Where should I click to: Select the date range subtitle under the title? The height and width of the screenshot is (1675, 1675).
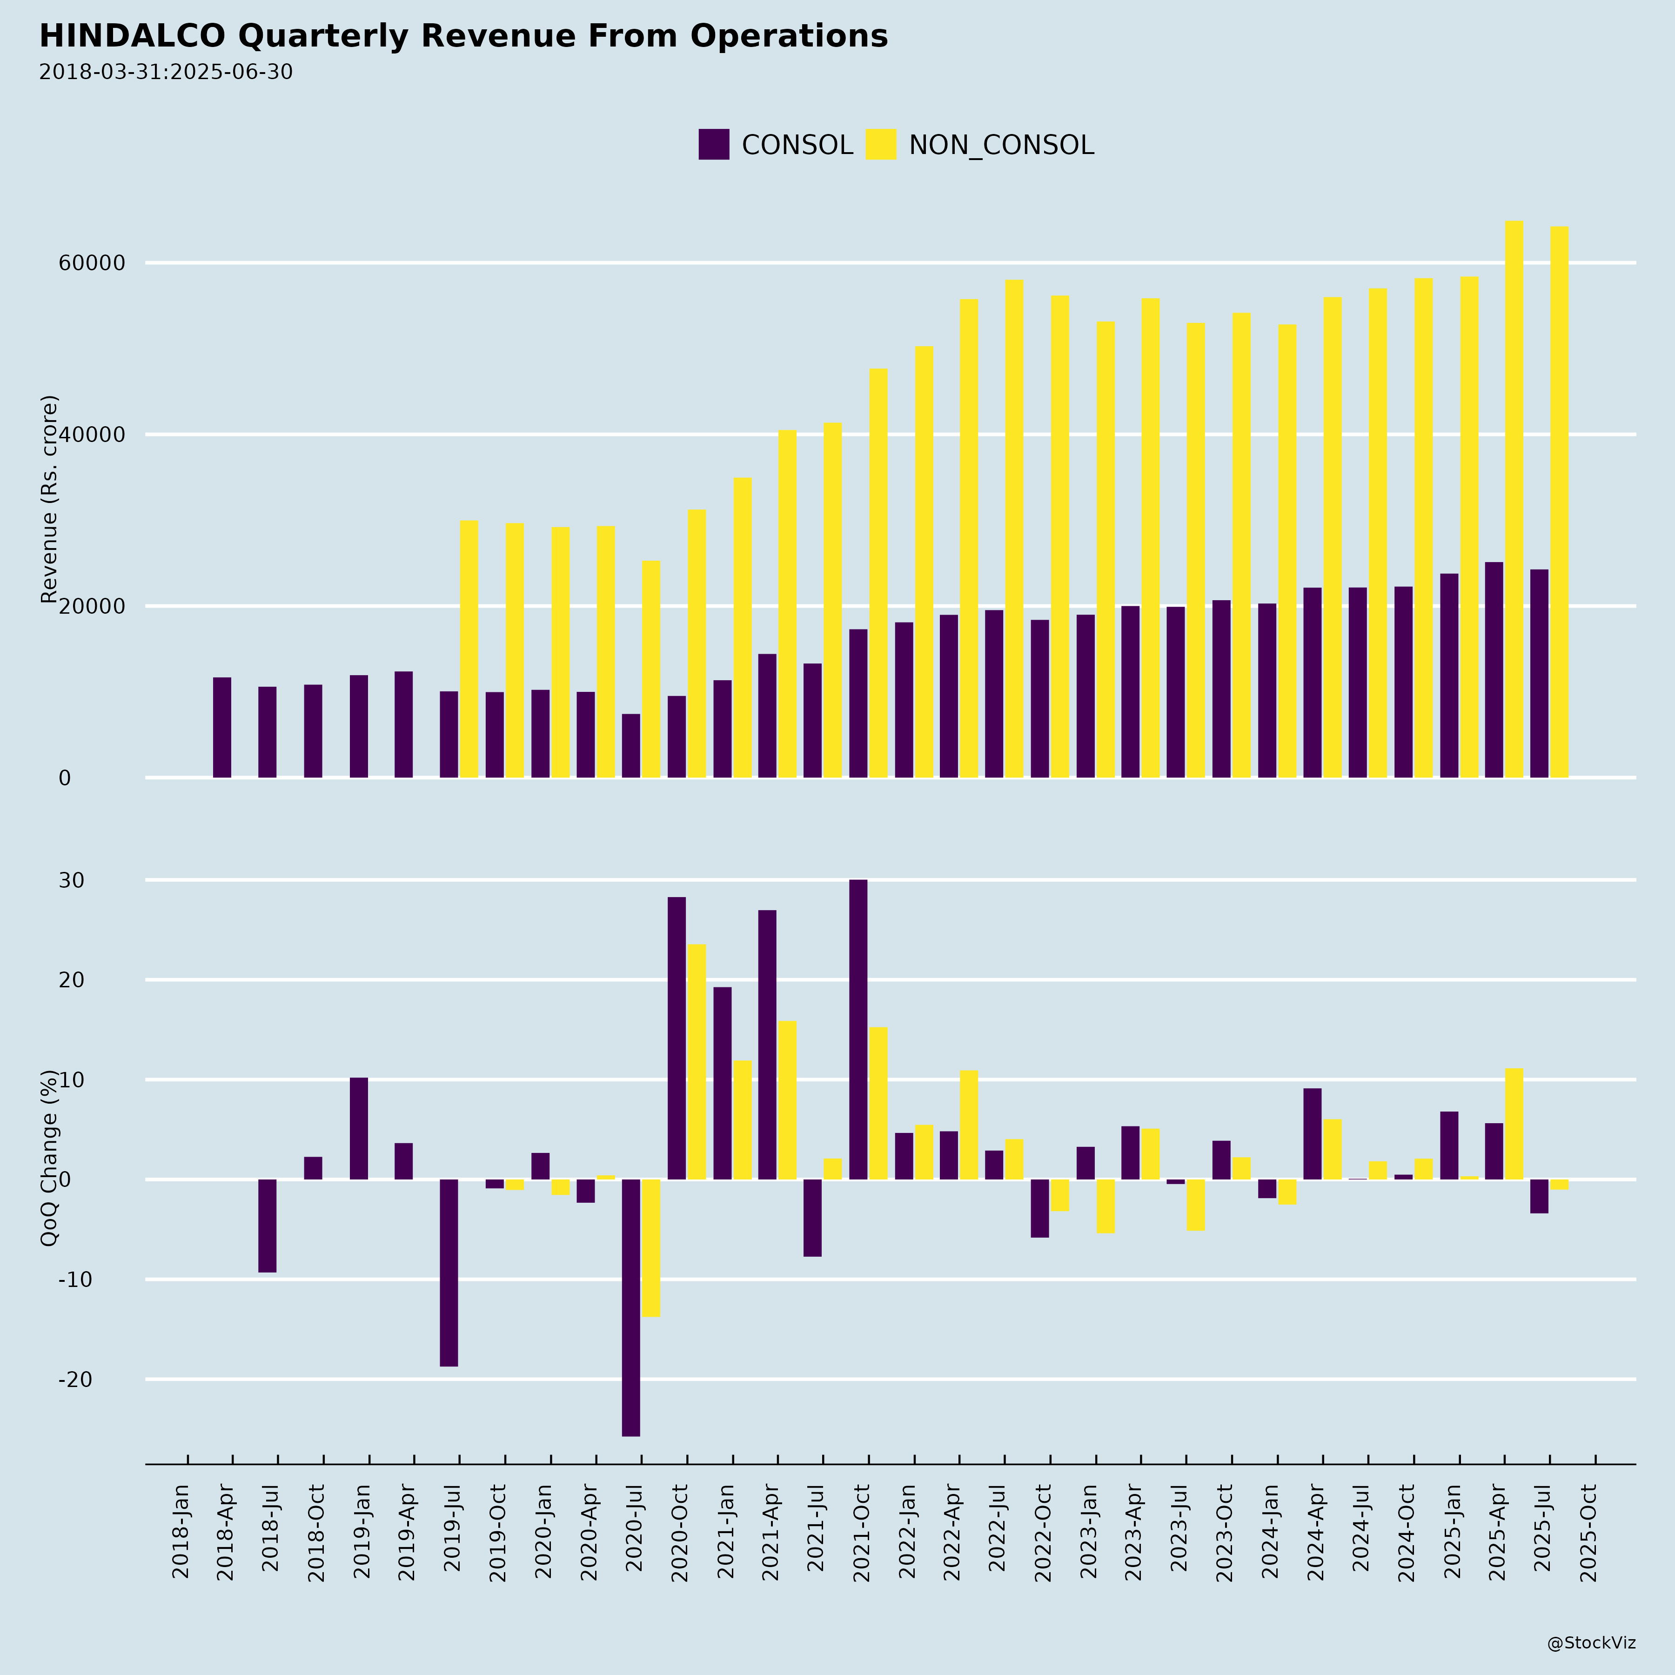166,72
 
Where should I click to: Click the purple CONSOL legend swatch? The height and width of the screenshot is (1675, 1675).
714,144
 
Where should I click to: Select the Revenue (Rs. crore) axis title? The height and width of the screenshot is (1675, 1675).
49,499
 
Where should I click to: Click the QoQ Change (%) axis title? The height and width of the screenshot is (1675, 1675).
49,1158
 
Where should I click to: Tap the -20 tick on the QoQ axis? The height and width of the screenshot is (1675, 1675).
75,1380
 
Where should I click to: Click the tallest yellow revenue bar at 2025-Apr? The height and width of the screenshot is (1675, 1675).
1514,498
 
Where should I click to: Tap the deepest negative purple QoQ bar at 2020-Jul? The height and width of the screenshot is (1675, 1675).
631,1307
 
